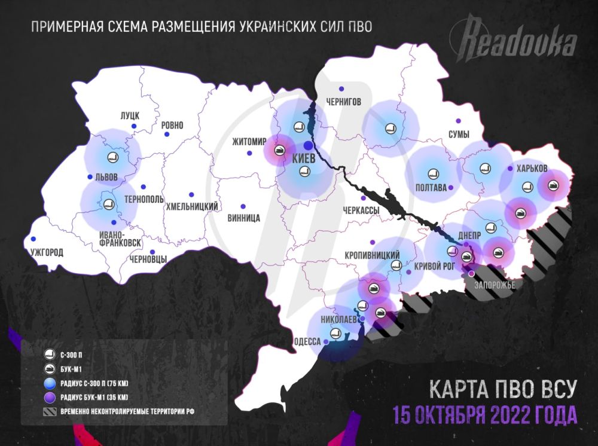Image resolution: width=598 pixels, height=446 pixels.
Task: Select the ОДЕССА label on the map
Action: [x=306, y=343]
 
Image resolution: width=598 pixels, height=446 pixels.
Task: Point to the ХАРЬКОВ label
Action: [x=531, y=168]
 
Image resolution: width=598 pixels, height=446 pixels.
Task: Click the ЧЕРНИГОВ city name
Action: [x=343, y=102]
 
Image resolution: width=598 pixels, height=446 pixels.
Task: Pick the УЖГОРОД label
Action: [x=45, y=252]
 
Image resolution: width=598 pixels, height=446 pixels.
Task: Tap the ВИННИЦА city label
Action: [x=244, y=218]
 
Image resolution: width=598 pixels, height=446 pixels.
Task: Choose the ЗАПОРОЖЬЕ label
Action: [x=494, y=285]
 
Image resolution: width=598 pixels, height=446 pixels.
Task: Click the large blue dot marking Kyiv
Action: [x=307, y=145]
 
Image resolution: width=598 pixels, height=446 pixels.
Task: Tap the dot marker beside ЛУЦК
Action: [x=135, y=126]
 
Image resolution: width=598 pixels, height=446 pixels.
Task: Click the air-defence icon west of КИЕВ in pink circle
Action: [x=279, y=149]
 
